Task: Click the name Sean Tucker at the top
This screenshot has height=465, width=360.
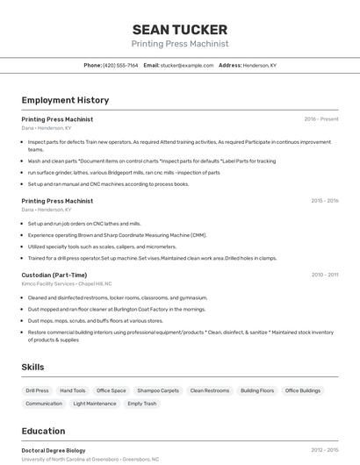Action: tap(180, 30)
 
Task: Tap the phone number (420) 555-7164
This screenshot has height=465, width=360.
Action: tap(120, 65)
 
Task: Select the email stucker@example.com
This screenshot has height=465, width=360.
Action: tap(187, 65)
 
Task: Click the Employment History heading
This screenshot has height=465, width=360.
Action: tap(65, 100)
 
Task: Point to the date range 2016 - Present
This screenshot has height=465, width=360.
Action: tap(321, 119)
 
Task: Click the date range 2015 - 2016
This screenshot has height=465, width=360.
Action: tap(324, 201)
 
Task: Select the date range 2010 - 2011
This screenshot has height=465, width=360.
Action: tap(324, 275)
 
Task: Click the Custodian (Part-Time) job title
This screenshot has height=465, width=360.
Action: tap(54, 275)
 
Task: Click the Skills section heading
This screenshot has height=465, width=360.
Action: tap(32, 367)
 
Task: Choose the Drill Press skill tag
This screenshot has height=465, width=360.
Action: tap(38, 390)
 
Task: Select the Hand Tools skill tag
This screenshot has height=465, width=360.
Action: tap(73, 390)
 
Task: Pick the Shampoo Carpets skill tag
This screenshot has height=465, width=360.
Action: tap(158, 390)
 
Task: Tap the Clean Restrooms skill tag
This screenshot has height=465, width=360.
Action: tap(209, 390)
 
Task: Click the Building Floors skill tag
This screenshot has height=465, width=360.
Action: tap(257, 390)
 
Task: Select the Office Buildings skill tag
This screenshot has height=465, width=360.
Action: tap(303, 390)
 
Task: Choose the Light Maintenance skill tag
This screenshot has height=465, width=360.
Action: tap(95, 404)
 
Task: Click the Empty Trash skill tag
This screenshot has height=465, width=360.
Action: tap(142, 404)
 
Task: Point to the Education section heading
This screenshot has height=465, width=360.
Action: tap(43, 431)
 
